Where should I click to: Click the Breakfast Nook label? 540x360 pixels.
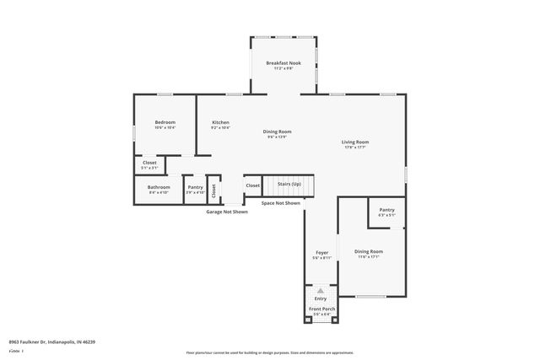point(283,63)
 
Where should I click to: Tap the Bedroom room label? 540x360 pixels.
point(165,123)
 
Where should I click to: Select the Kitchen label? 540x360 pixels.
point(220,123)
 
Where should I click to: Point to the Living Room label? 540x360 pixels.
point(354,142)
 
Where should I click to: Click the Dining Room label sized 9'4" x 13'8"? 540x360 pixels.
point(277,132)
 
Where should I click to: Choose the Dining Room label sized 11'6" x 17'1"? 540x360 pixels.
point(368,252)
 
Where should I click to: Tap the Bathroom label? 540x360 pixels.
point(159,187)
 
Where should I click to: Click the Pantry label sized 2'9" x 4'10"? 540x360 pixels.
point(195,187)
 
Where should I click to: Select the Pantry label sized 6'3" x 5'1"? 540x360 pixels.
point(386,210)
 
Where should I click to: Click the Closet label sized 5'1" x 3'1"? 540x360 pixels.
point(149,163)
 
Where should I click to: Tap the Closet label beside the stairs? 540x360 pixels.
point(252,185)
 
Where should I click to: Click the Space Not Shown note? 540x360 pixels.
point(280,203)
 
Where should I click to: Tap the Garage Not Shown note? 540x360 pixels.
point(227,212)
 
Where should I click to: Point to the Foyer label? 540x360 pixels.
point(321,253)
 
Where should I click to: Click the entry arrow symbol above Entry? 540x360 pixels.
point(321,290)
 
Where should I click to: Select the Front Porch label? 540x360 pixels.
point(321,309)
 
